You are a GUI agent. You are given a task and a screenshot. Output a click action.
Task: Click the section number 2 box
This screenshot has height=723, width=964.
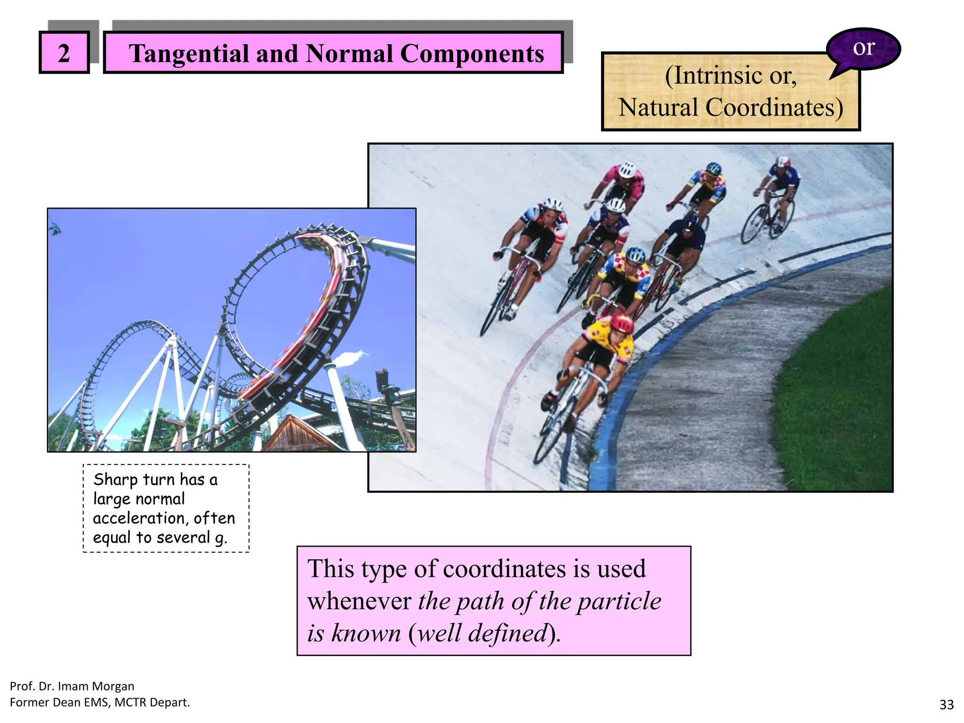tap(64, 52)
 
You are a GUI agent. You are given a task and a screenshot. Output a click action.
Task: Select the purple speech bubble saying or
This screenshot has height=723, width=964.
tap(864, 48)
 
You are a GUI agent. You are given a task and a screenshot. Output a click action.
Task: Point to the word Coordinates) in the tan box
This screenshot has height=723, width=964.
tap(774, 107)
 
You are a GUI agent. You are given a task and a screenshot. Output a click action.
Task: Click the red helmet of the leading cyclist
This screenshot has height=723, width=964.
tap(622, 323)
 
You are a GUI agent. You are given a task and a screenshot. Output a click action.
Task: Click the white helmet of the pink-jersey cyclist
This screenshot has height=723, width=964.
tap(627, 169)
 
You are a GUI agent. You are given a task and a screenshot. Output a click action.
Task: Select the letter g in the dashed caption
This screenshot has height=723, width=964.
tap(220, 538)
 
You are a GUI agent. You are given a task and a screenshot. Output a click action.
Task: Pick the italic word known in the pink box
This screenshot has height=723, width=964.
tap(366, 633)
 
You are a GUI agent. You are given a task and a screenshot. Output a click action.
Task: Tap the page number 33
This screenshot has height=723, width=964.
tap(946, 705)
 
